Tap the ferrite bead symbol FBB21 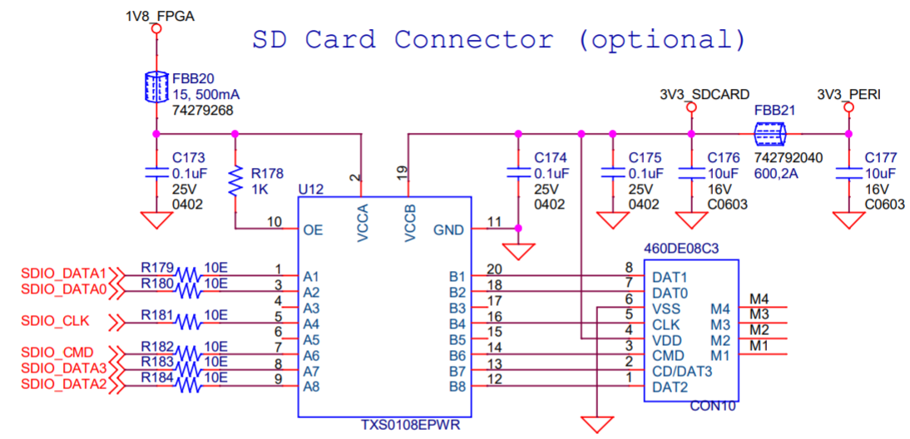point(769,133)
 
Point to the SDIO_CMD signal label point(57,353)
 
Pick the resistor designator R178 point(267,173)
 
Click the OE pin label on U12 point(314,229)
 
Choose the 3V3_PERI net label point(848,94)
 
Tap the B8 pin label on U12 point(457,387)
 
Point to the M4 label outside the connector point(759,298)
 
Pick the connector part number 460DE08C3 point(681,248)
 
